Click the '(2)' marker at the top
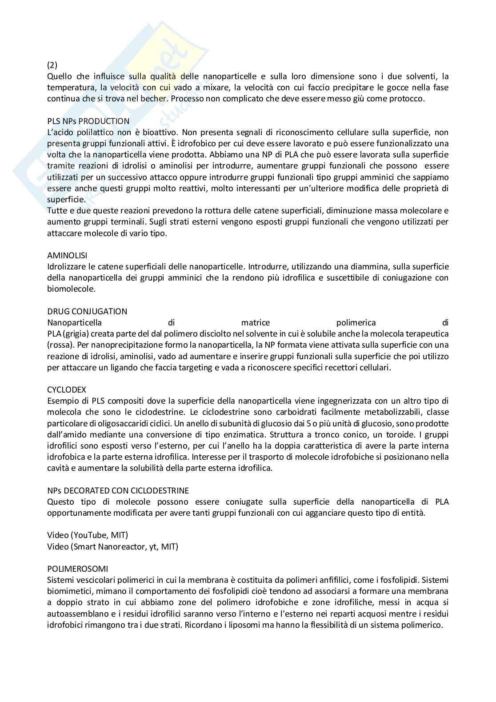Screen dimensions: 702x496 (52, 65)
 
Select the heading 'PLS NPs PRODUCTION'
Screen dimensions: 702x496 (88, 121)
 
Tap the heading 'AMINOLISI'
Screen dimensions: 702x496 (67, 255)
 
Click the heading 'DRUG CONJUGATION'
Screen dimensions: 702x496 (87, 311)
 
